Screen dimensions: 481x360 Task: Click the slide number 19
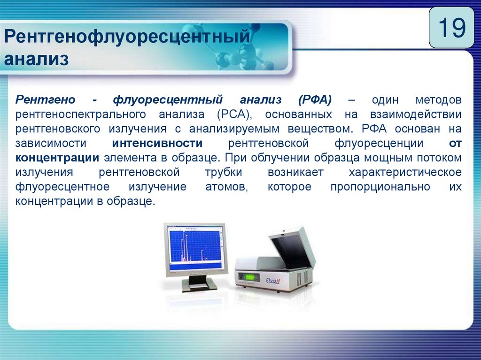(x=452, y=28)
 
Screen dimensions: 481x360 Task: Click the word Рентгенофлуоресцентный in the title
(x=127, y=37)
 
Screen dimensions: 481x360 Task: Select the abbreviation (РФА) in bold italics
(x=315, y=100)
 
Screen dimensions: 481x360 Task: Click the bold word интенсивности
(x=157, y=143)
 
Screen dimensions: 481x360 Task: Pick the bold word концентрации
(x=57, y=158)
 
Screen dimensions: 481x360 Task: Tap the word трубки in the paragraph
(x=224, y=172)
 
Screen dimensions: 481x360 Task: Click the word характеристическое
(x=405, y=172)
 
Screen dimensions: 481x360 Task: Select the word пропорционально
(x=380, y=187)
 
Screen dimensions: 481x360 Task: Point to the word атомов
(x=227, y=187)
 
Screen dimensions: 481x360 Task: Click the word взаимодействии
(x=416, y=115)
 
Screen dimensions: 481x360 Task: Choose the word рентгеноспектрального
(x=81, y=115)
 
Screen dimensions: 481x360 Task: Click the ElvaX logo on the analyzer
(x=272, y=280)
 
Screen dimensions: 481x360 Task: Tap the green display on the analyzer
(x=250, y=277)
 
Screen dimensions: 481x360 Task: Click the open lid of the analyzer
(x=291, y=248)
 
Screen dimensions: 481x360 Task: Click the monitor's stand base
(x=199, y=286)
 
